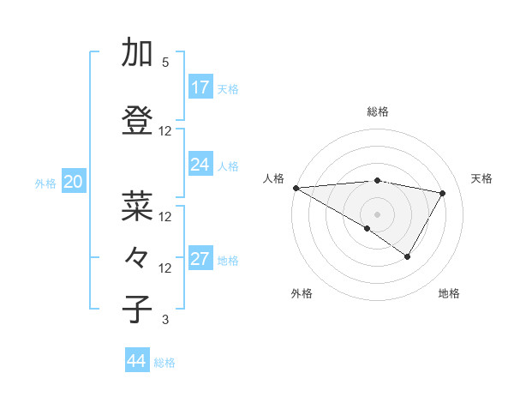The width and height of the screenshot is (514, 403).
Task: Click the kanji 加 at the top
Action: click(x=138, y=53)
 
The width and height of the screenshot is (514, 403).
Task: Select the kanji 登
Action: click(x=138, y=120)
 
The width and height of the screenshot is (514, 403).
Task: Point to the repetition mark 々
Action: click(x=138, y=256)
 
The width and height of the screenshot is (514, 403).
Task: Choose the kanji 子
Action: click(x=138, y=309)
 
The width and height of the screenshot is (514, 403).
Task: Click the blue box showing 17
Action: click(x=200, y=87)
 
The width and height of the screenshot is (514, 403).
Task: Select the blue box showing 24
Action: click(x=200, y=165)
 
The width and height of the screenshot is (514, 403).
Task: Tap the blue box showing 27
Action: click(x=200, y=260)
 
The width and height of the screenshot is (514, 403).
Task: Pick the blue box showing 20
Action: click(x=74, y=182)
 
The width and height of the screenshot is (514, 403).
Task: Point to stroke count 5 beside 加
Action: click(x=165, y=63)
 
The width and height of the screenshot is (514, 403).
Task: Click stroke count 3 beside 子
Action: click(x=165, y=320)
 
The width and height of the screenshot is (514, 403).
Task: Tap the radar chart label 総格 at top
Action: click(x=377, y=111)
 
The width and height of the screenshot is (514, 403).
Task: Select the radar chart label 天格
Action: click(x=481, y=178)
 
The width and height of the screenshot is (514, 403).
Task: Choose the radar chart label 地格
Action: click(x=449, y=293)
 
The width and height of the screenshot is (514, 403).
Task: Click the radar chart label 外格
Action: click(x=302, y=293)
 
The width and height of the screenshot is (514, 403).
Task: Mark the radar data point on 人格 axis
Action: click(x=296, y=187)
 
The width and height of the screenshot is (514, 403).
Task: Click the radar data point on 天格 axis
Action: click(x=442, y=193)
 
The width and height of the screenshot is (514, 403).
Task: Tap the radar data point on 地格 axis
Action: click(x=407, y=256)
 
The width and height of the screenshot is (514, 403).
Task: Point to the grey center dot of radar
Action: click(x=377, y=214)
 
